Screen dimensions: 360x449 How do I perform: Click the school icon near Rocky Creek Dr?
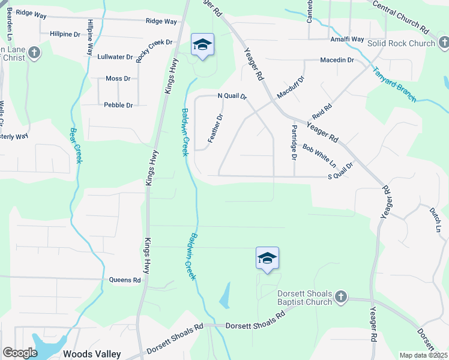click(x=203, y=44)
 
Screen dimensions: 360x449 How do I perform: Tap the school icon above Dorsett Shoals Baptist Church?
click(x=267, y=258)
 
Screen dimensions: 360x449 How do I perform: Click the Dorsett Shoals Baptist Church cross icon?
click(x=340, y=297)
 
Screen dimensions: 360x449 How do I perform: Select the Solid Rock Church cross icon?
click(x=444, y=43)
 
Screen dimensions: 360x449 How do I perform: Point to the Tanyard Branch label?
click(x=394, y=85)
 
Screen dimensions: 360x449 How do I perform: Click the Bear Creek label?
click(x=76, y=145)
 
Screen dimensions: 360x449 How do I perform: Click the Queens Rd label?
click(x=125, y=280)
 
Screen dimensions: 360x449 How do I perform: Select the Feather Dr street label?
click(x=215, y=128)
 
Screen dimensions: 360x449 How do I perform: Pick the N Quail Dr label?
click(x=232, y=96)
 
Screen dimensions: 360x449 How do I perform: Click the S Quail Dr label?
click(x=340, y=176)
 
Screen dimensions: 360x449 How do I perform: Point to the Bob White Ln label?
click(x=319, y=155)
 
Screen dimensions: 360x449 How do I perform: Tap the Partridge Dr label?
click(x=294, y=143)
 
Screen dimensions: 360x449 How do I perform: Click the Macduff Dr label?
click(x=291, y=88)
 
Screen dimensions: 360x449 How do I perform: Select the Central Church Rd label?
click(x=401, y=16)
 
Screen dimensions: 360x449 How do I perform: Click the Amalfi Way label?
click(x=348, y=39)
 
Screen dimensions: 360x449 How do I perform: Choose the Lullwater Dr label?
click(x=115, y=57)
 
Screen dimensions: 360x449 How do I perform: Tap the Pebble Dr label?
click(x=118, y=105)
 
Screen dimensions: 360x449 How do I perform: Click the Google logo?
click(x=20, y=353)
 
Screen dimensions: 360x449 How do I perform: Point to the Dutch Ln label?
click(x=435, y=220)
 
